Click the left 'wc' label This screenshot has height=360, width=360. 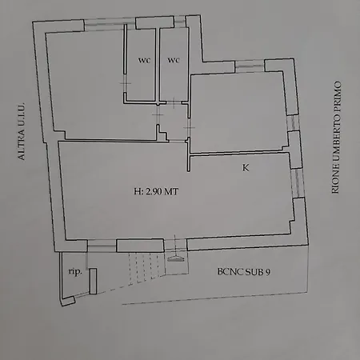coord(144,60)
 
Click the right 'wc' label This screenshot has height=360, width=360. coord(173,60)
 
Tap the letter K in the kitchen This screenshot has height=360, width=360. coord(245,167)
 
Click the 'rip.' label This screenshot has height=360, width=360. coord(74,271)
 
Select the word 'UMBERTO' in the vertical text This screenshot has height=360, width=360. coord(337,132)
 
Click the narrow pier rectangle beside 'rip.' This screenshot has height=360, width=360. coord(93,281)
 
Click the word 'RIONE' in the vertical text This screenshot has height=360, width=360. coord(337,180)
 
